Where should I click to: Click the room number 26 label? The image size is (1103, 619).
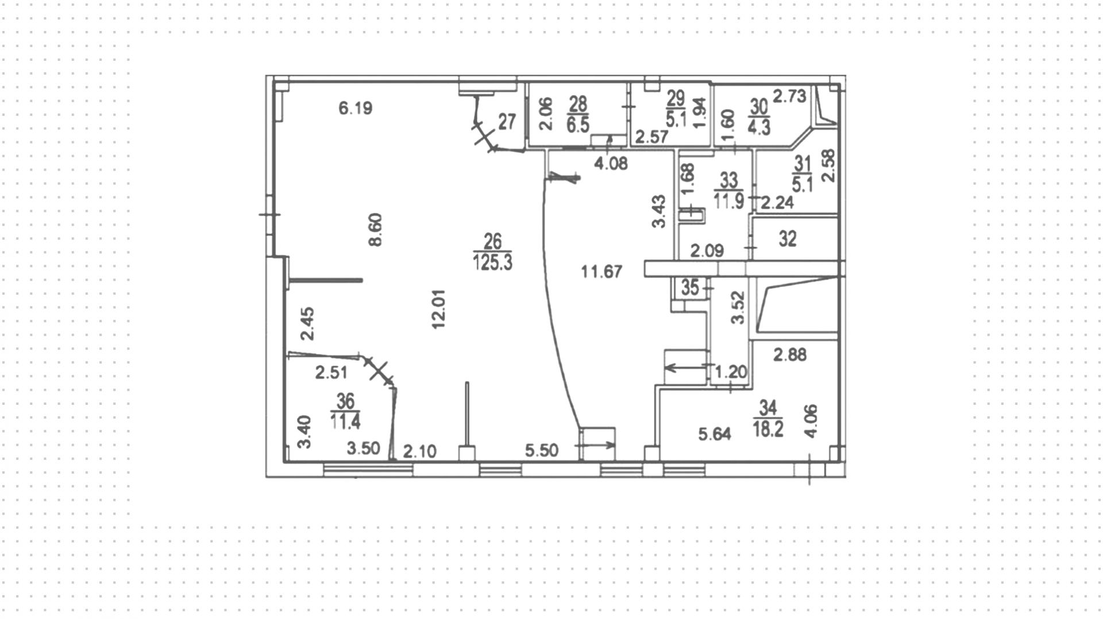tap(493, 241)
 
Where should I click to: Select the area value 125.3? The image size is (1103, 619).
tap(493, 262)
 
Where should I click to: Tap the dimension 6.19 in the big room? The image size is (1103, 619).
tap(356, 107)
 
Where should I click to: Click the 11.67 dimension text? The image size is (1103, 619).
tap(601, 271)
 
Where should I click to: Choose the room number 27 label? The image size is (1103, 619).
tap(507, 122)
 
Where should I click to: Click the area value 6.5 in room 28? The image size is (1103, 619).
tap(578, 125)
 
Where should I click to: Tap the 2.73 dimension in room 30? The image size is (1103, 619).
tap(789, 96)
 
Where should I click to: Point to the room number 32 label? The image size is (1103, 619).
tap(788, 239)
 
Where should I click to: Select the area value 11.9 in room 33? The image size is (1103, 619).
tap(728, 202)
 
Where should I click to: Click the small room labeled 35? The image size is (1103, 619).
tap(690, 288)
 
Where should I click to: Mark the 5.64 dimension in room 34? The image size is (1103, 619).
tap(715, 435)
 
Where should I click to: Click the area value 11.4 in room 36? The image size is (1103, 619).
tap(345, 422)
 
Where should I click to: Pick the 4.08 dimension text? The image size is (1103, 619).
tap(611, 164)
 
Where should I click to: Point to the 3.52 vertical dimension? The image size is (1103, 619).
tap(738, 308)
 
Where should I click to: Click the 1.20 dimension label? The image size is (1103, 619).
tap(730, 372)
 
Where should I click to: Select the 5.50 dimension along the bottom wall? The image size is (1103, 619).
tap(542, 451)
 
